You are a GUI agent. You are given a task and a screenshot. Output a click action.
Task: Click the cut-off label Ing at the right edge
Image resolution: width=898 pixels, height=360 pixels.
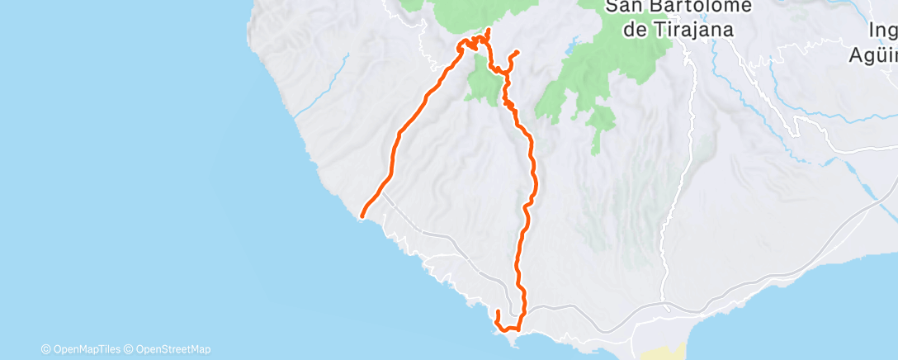pos(883,31)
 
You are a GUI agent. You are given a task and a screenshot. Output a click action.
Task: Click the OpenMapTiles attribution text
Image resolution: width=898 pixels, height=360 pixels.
pos(87,349)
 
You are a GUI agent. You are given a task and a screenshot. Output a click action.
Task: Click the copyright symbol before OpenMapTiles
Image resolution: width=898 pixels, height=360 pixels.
pos(45,349)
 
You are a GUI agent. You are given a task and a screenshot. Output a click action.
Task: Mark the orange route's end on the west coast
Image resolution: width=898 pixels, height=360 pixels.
pos(362,217)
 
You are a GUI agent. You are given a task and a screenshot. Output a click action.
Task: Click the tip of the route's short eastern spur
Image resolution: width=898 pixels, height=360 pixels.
pos(518,52)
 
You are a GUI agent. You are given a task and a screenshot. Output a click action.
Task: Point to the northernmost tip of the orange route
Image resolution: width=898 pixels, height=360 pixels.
pos(489,30)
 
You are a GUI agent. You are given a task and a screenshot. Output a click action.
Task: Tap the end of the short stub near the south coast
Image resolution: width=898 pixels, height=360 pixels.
pos(498,311)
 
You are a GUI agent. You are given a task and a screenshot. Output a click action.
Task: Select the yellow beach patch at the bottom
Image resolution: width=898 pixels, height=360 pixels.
pos(665,353)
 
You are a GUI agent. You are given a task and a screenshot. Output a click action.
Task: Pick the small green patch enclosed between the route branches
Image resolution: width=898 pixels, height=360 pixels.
pos(480,85)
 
